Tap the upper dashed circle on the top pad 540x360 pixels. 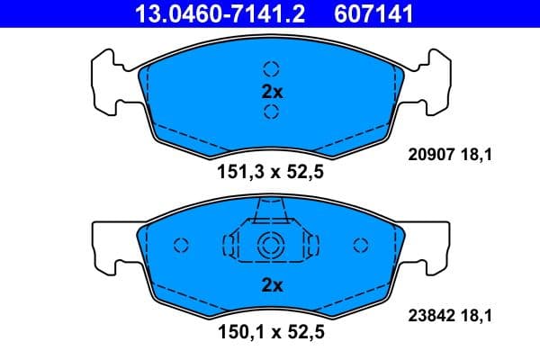pyautogui.click(x=271, y=68)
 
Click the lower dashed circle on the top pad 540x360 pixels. pyautogui.click(x=271, y=111)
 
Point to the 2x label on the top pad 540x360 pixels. pyautogui.click(x=272, y=90)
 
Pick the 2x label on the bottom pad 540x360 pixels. pyautogui.click(x=272, y=285)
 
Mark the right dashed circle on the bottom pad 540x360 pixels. pyautogui.click(x=362, y=245)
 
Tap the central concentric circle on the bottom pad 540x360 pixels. pyautogui.click(x=271, y=245)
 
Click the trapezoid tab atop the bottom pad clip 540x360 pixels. pyautogui.click(x=271, y=211)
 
